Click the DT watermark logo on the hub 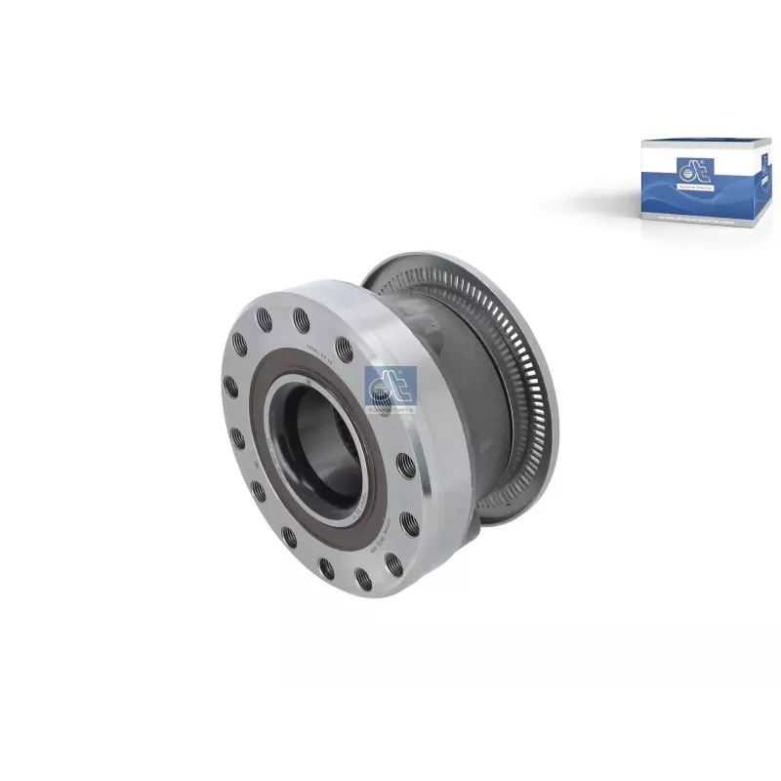[x=390, y=388]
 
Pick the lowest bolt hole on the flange [x=363, y=580]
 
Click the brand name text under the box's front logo [x=694, y=185]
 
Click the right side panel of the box [x=764, y=185]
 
